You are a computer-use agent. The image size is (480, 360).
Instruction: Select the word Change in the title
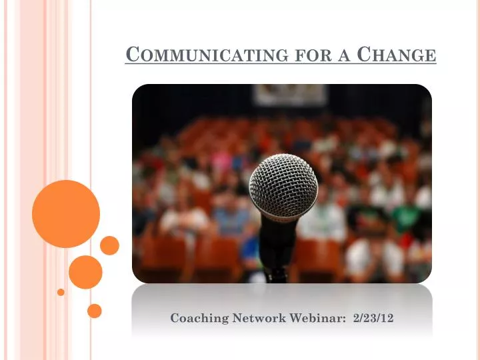[x=397, y=55]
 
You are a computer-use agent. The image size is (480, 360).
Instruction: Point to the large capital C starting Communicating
[x=131, y=54]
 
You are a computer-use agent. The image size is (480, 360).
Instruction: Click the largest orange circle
[x=66, y=214]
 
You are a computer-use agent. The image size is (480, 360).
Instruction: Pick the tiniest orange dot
[x=61, y=292]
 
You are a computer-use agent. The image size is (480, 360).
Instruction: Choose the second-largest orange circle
[x=85, y=271]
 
